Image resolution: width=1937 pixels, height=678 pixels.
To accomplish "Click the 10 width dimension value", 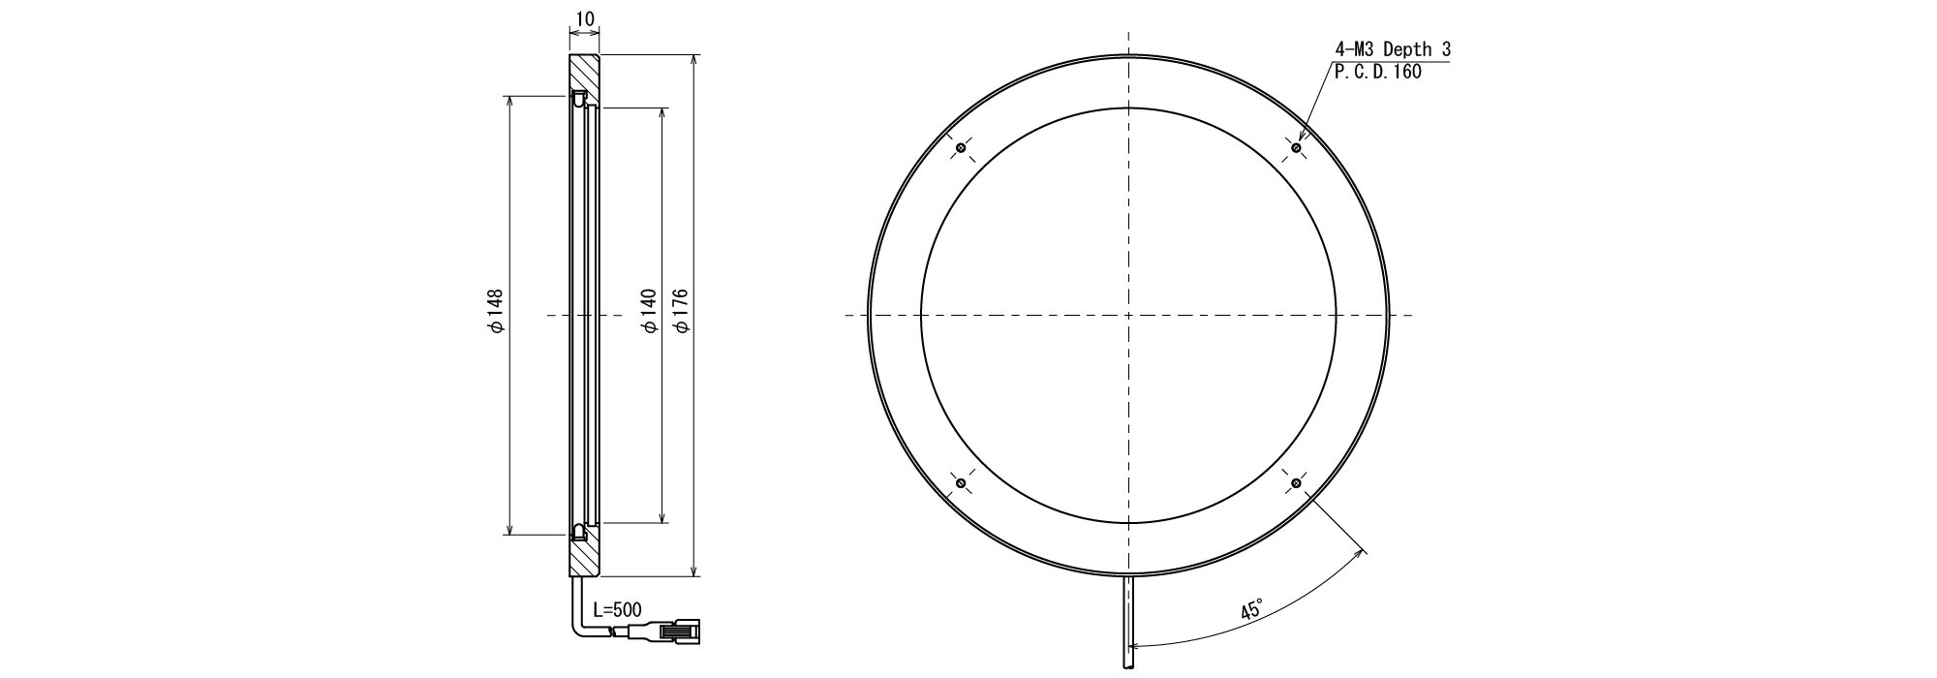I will pyautogui.click(x=584, y=18).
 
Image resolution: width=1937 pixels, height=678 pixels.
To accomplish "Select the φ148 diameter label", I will pyautogui.click(x=496, y=311).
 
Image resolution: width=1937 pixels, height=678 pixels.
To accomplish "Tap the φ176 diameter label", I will pyautogui.click(x=681, y=311).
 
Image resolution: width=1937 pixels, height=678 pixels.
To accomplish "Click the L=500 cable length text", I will pyautogui.click(x=617, y=610).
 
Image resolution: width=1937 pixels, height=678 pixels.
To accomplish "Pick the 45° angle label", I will pyautogui.click(x=1251, y=610).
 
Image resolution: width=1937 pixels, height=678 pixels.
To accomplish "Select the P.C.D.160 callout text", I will pyautogui.click(x=1378, y=73).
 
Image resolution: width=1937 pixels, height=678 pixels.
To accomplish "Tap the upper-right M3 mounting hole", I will pyautogui.click(x=1296, y=147).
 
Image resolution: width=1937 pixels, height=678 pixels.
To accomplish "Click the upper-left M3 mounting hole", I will pyautogui.click(x=961, y=147).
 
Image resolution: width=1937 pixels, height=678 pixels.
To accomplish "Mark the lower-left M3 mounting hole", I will pyautogui.click(x=961, y=482).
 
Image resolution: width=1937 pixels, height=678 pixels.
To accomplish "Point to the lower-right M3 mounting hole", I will pyautogui.click(x=1296, y=482).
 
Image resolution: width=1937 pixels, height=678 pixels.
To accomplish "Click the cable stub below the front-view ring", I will pyautogui.click(x=1128, y=620).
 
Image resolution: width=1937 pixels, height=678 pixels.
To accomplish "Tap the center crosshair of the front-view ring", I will pyautogui.click(x=1128, y=315).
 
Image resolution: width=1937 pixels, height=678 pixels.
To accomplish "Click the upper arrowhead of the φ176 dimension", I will pyautogui.click(x=694, y=61).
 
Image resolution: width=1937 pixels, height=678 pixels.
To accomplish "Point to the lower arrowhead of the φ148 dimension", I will pyautogui.click(x=509, y=528).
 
